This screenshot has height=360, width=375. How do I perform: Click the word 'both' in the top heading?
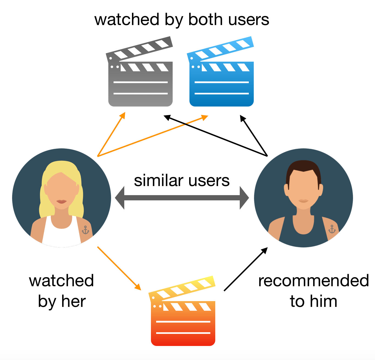point(205,20)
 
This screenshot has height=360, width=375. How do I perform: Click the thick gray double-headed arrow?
point(182,198)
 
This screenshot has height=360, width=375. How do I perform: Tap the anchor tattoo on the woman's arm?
point(86,230)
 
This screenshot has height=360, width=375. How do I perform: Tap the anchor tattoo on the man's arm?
point(332,229)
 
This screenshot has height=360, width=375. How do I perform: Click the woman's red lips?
point(62,201)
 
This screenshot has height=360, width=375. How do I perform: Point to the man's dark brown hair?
point(303,167)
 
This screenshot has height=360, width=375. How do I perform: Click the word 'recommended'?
point(313,281)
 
